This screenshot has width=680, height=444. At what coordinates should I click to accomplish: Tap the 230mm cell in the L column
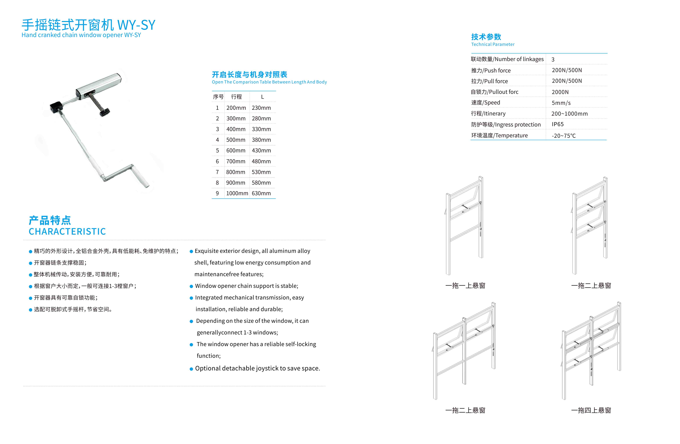pyautogui.click(x=261, y=108)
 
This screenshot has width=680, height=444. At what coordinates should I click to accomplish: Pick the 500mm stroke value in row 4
pyautogui.click(x=236, y=140)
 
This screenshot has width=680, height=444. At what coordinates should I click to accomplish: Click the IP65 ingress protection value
pyautogui.click(x=557, y=124)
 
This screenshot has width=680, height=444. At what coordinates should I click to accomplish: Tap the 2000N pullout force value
pyautogui.click(x=560, y=92)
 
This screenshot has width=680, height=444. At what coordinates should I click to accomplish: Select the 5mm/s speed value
pyautogui.click(x=561, y=103)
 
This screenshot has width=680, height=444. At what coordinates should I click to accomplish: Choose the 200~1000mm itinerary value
pyautogui.click(x=569, y=114)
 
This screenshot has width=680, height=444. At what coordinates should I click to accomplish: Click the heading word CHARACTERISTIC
pyautogui.click(x=67, y=231)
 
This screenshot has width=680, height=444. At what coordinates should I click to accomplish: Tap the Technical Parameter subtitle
pyautogui.click(x=493, y=44)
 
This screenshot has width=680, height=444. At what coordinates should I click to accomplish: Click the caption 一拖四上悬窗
pyautogui.click(x=591, y=410)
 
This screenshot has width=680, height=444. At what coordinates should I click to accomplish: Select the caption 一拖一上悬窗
pyautogui.click(x=465, y=286)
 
